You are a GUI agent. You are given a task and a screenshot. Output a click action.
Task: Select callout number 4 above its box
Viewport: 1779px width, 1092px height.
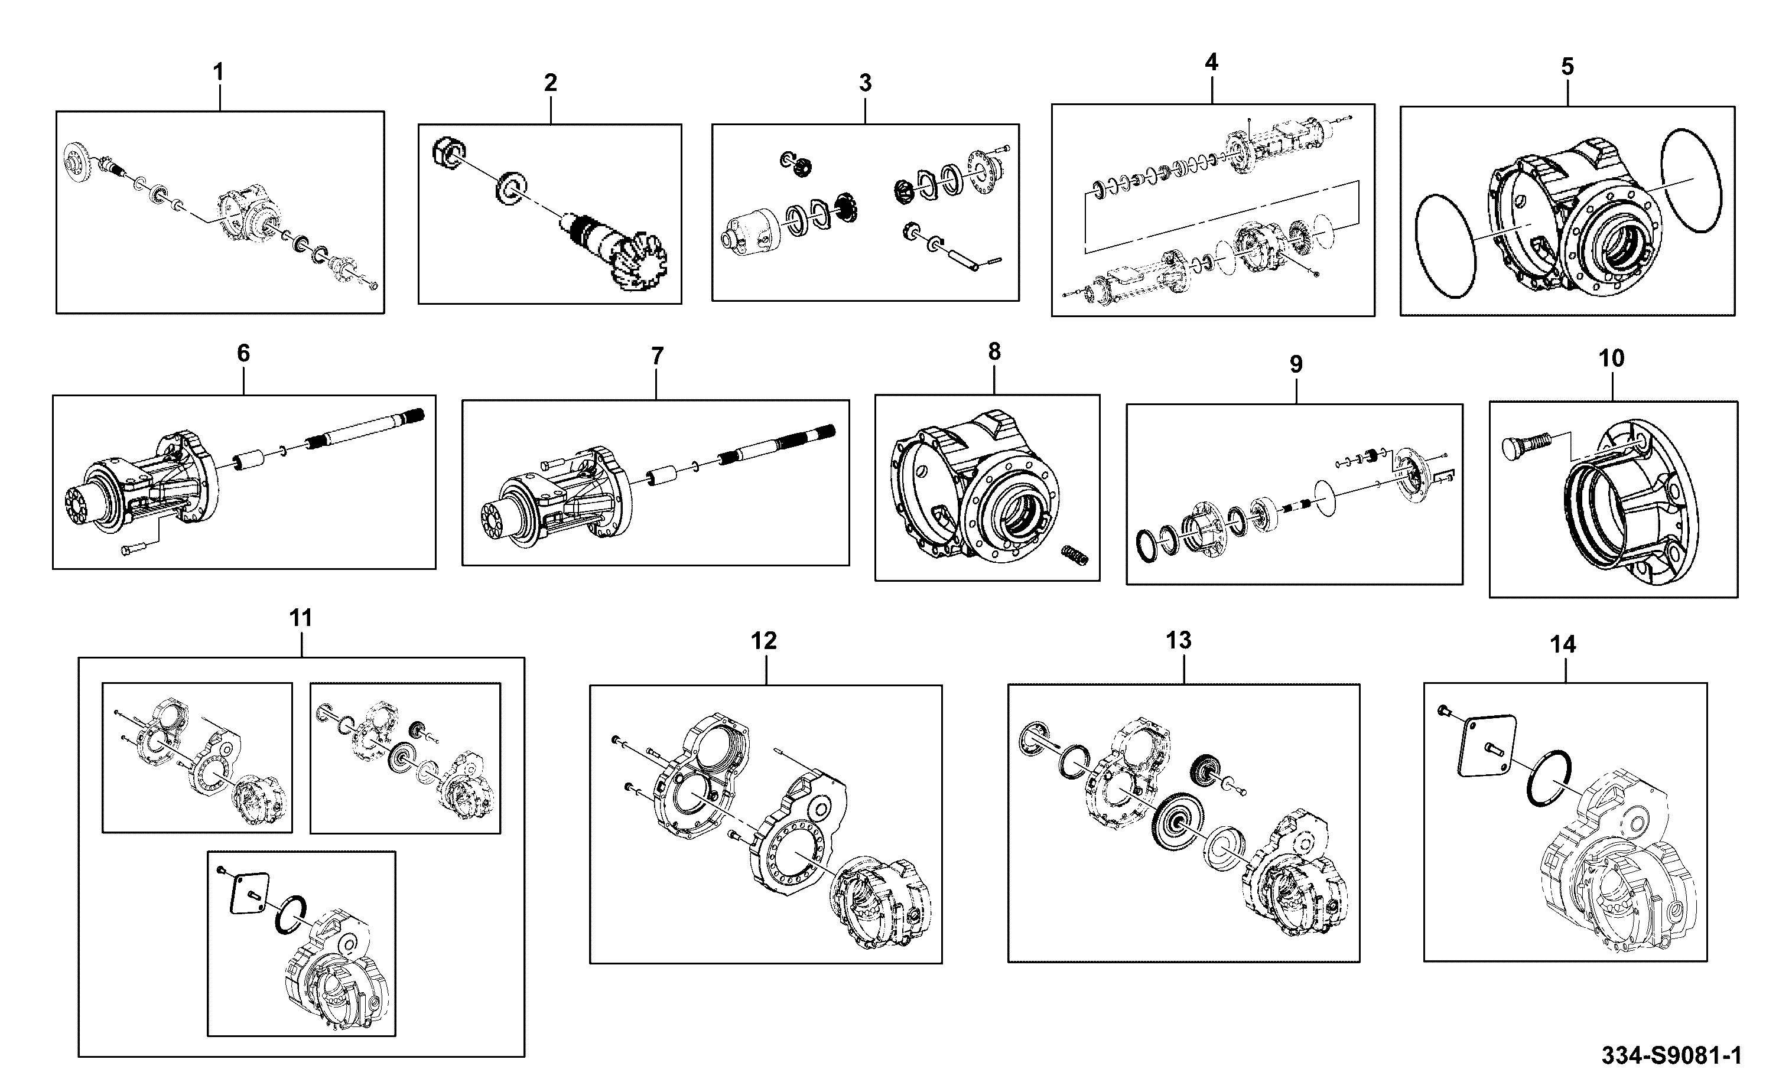pos(1211,62)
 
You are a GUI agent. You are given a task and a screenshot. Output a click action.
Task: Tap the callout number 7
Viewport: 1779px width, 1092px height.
pos(656,356)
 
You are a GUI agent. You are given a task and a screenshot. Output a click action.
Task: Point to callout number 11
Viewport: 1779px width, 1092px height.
pos(301,618)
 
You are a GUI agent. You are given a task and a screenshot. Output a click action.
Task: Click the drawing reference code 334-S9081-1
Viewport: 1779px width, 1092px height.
pos(1671,1056)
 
